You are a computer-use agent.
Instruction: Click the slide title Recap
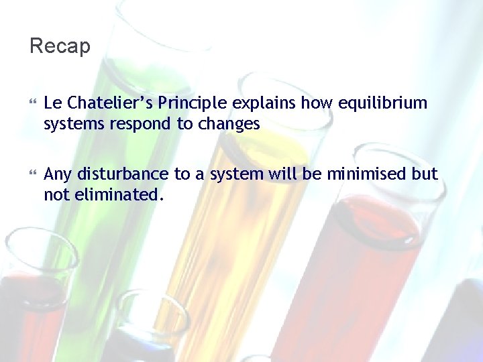coord(60,46)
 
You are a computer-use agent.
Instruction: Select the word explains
coord(264,103)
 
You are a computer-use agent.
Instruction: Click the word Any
coord(58,174)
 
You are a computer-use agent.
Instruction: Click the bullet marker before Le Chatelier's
coord(33,104)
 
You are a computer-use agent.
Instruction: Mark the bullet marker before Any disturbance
coord(33,175)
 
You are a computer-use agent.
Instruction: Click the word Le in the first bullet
coord(52,103)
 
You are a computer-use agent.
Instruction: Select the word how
coord(315,103)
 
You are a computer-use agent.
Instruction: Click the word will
coord(286,174)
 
